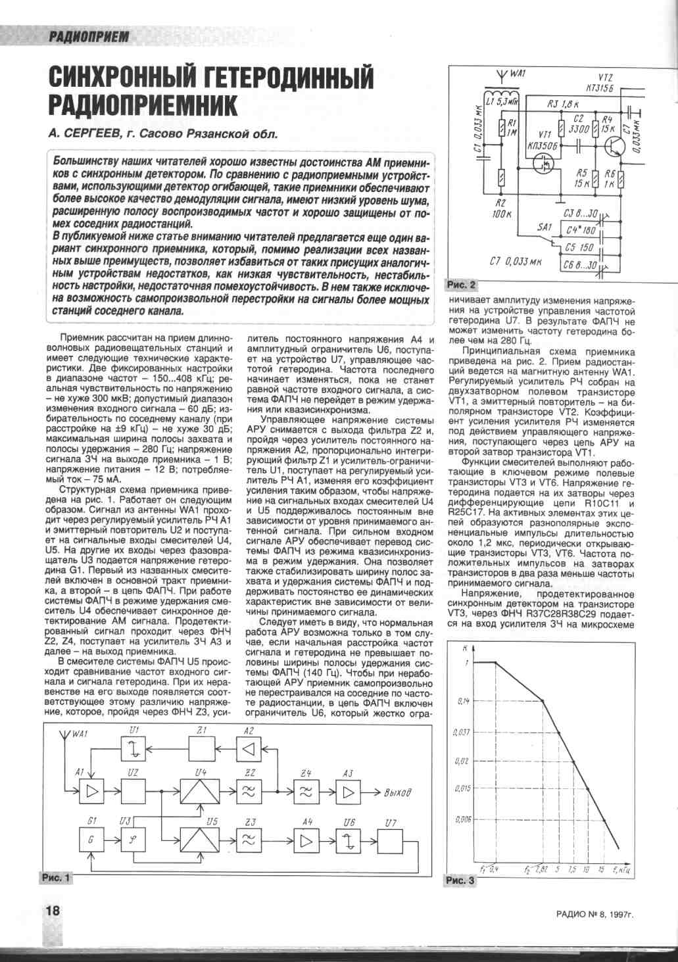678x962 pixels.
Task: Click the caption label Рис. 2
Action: (x=461, y=285)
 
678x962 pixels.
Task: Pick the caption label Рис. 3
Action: (x=459, y=880)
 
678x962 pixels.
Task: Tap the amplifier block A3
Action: (x=349, y=792)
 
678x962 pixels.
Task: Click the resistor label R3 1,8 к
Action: (x=562, y=104)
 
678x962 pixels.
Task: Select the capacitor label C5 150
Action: (x=579, y=248)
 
